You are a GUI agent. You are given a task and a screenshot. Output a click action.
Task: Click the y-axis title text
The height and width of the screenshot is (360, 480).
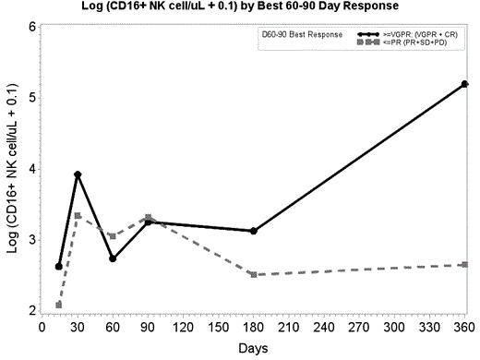[x=12, y=168]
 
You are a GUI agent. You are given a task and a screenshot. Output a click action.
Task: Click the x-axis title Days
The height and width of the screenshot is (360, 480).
[x=253, y=349]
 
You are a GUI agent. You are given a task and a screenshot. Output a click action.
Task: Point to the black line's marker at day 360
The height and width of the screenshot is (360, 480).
[x=464, y=84]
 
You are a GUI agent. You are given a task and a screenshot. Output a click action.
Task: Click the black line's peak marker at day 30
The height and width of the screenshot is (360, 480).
[x=78, y=174]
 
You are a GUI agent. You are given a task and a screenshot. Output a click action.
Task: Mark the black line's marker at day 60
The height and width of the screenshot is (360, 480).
[x=113, y=258]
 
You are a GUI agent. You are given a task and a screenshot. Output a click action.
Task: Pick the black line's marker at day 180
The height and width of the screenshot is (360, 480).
[x=253, y=231]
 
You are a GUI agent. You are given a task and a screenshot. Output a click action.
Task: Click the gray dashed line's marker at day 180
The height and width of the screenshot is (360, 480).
[x=253, y=274]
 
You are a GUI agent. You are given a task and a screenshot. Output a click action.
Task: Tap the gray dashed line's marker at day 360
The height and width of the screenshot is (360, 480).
[x=464, y=265]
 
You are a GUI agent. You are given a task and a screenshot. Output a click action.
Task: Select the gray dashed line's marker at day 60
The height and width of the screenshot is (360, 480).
[x=113, y=236]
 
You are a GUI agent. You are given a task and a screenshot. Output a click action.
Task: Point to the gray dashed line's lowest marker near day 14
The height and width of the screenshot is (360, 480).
[x=59, y=305]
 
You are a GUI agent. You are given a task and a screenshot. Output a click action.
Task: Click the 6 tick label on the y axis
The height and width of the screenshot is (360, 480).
[x=31, y=27]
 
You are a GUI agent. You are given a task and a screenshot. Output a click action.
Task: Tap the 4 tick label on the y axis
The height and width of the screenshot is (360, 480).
[x=31, y=169]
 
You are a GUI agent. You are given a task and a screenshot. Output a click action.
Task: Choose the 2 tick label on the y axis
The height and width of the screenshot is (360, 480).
[x=31, y=311]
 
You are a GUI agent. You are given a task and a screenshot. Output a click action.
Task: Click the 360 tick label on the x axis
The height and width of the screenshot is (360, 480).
[x=464, y=327]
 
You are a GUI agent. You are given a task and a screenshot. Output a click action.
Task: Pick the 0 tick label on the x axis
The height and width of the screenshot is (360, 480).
[x=42, y=327]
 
